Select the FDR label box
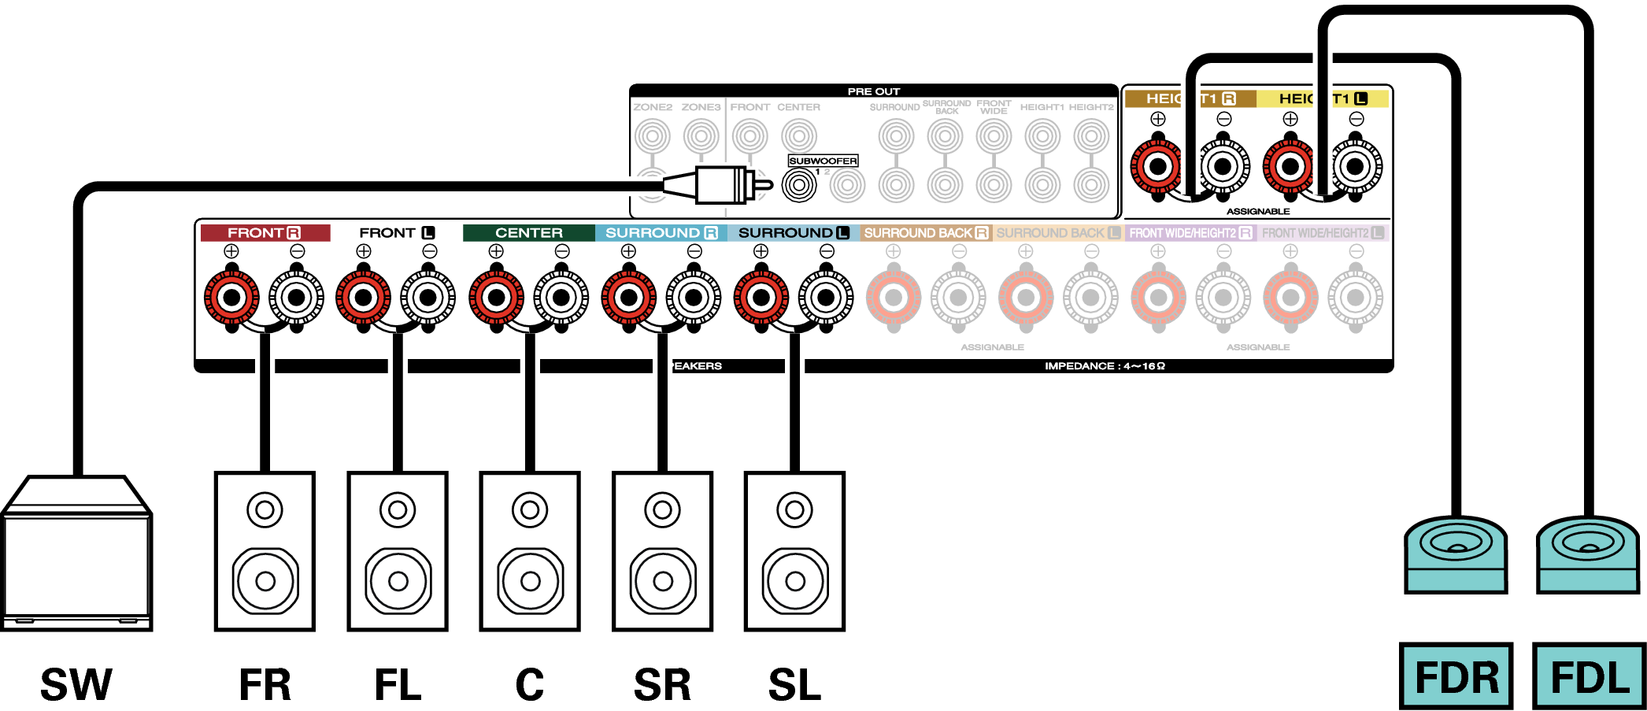1456,676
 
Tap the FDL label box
1589,676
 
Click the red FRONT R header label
265,233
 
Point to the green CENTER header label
529,233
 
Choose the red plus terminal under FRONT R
231,298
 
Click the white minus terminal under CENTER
561,298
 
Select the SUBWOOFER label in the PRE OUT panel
823,161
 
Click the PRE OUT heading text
873,91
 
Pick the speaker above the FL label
398,551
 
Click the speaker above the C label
530,551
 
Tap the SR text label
662,684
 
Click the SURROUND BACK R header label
926,233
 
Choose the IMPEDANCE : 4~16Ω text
1105,366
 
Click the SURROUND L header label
794,233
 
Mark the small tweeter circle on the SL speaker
794,510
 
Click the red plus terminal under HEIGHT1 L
1290,167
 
